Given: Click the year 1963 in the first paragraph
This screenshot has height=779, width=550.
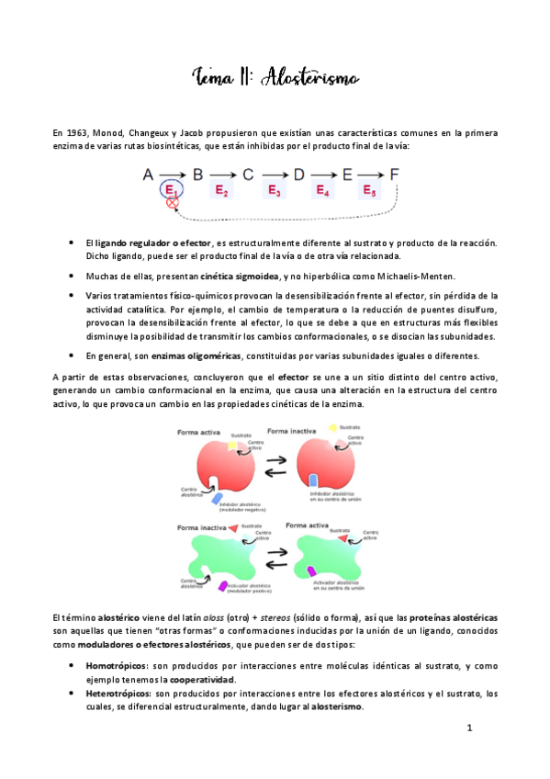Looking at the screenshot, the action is [74, 133].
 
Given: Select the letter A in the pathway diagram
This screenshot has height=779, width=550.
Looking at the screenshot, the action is [148, 174].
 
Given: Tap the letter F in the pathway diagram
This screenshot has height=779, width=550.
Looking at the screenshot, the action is [395, 174].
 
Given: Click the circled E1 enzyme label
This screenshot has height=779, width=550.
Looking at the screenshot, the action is [171, 190].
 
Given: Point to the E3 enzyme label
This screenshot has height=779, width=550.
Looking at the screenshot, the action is [273, 190].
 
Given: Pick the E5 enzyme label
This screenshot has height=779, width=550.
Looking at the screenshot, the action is [369, 190].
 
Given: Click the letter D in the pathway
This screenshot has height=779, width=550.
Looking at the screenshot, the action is [297, 174].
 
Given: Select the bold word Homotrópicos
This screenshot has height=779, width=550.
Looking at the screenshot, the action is [116, 664].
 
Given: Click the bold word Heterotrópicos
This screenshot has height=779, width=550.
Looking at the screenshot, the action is [118, 693].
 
